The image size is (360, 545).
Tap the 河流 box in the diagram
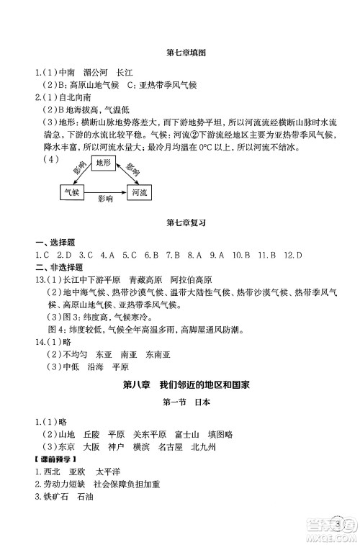pyautogui.click(x=139, y=192)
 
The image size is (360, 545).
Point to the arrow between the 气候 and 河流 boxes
pyautogui.click(x=105, y=193)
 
